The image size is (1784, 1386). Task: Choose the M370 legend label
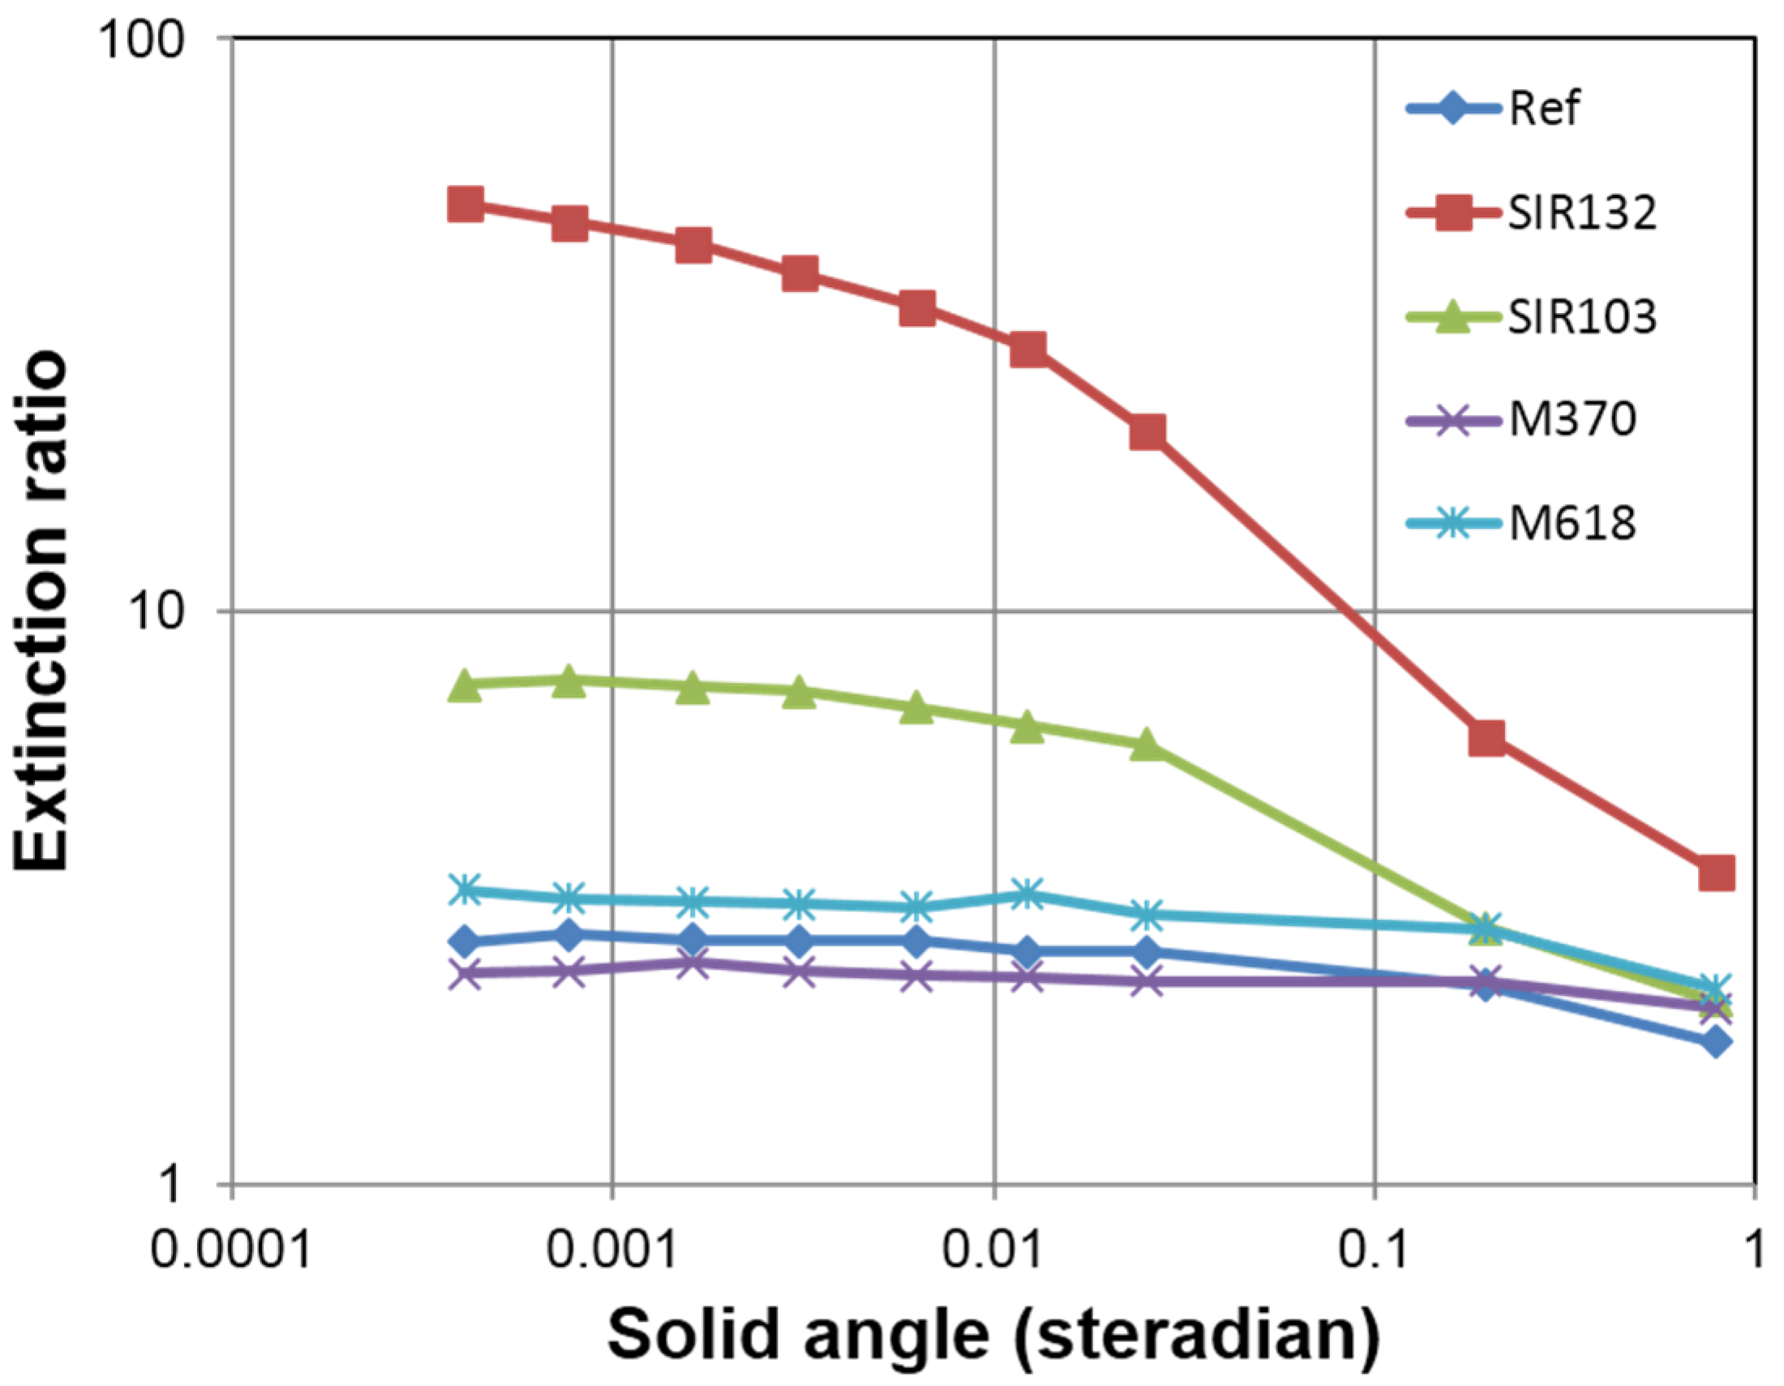[x=1572, y=420]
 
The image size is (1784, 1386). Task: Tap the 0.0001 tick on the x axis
[x=231, y=1251]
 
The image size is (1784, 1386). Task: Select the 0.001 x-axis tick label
[x=611, y=1251]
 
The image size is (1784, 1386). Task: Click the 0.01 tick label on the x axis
[x=993, y=1251]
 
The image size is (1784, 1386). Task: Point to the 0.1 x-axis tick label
[x=1374, y=1251]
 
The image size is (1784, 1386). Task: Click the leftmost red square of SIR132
[x=465, y=204]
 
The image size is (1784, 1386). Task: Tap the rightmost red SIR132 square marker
[x=1716, y=873]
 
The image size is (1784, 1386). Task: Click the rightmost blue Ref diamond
[x=1716, y=1042]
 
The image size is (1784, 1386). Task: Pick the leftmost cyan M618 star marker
[x=465, y=890]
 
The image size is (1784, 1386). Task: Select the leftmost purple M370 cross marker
[x=465, y=972]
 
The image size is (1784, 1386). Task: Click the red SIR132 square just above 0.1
[x=1486, y=738]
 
